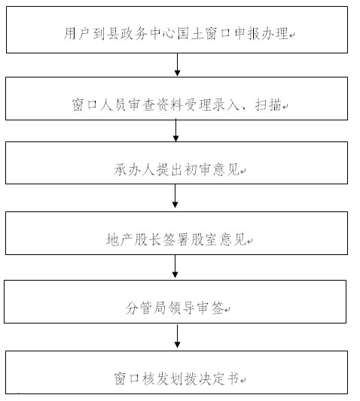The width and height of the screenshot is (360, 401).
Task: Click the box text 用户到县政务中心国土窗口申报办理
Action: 176,34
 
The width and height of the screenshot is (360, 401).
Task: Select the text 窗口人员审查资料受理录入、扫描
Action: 177,105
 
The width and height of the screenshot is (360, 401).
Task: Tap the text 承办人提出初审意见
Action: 177,169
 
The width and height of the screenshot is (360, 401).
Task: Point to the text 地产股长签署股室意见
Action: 177,240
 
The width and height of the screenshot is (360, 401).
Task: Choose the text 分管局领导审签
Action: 175,308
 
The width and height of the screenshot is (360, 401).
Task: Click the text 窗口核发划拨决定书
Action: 177,378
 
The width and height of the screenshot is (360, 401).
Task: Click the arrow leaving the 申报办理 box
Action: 177,65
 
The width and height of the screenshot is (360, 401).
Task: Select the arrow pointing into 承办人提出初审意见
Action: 176,130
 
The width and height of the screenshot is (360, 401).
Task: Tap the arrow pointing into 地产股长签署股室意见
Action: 175,196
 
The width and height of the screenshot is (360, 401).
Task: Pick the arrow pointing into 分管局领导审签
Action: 175,266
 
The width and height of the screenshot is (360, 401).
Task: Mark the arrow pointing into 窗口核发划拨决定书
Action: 177,336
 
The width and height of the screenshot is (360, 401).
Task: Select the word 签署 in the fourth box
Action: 177,240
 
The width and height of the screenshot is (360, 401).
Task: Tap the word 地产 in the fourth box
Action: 120,240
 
